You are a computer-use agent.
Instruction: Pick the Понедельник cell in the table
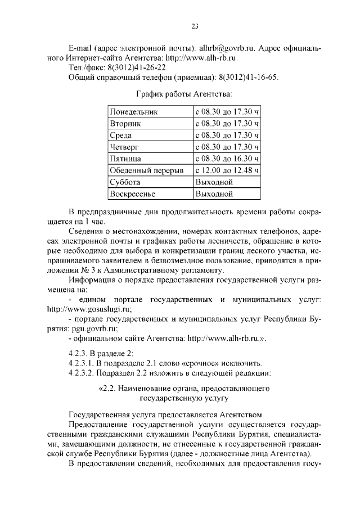coord(134,112)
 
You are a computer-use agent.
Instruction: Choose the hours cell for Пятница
coord(227,159)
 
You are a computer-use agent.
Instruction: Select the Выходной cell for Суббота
coord(214,182)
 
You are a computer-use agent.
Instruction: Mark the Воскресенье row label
coord(133,194)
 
